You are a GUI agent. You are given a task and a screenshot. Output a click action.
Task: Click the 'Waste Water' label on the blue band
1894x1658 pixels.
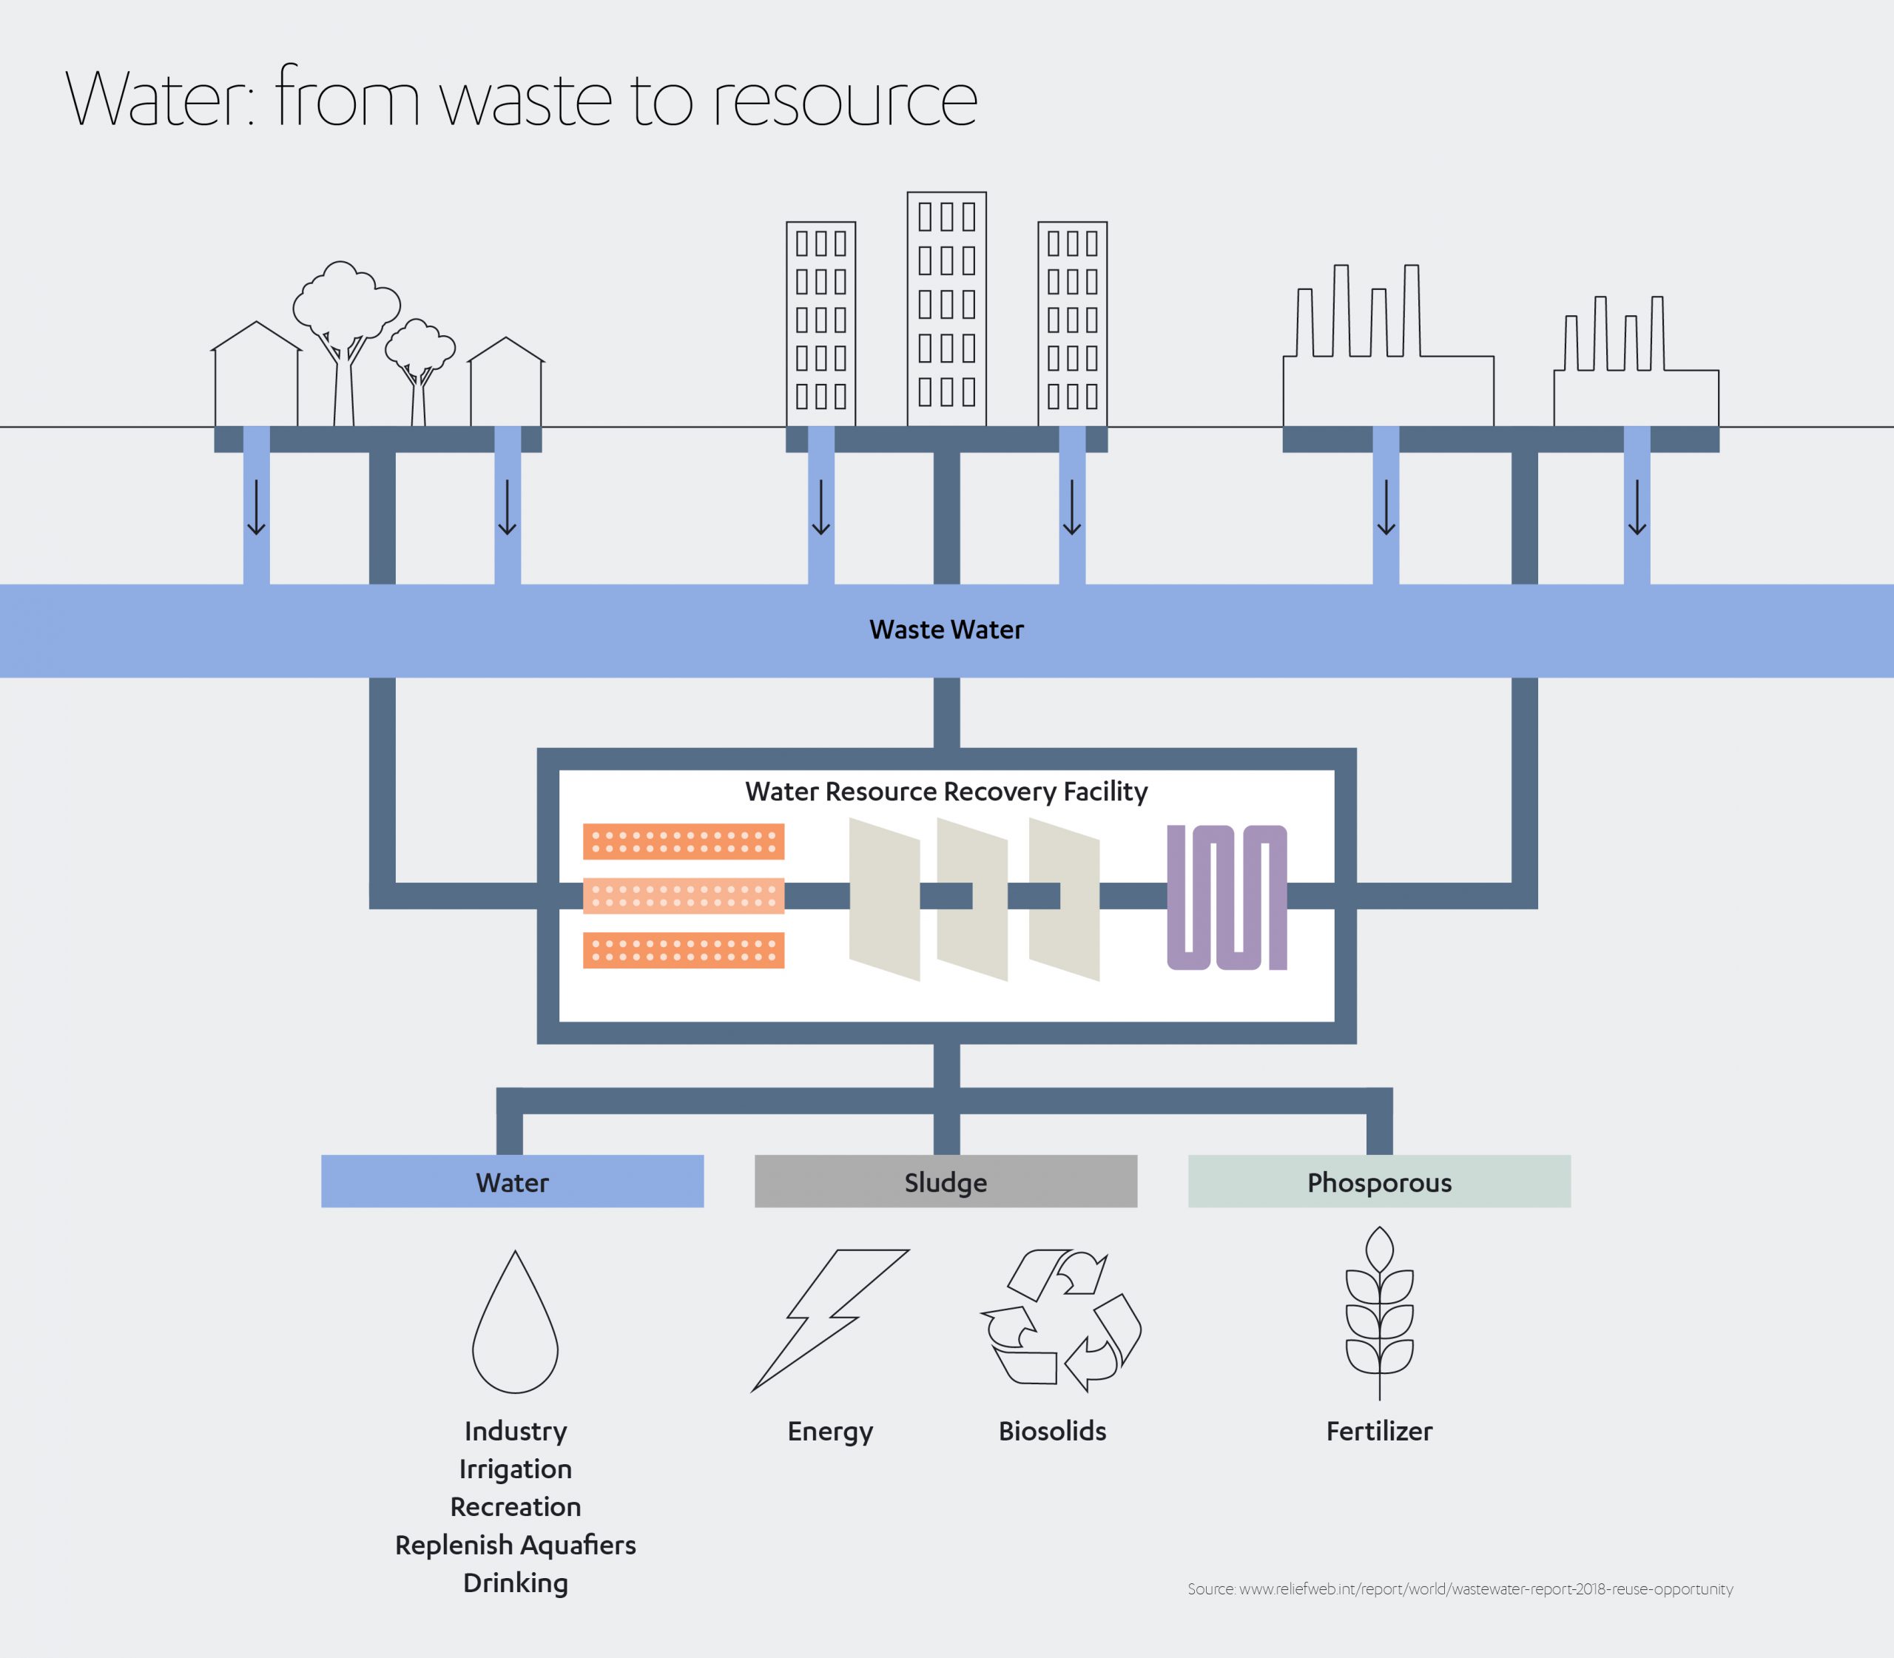946,630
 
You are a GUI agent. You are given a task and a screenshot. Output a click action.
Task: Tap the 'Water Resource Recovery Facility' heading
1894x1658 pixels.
946,792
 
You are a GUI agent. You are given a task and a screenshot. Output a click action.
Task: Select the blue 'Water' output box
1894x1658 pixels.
512,1182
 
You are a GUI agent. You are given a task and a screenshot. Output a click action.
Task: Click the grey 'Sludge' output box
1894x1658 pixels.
945,1182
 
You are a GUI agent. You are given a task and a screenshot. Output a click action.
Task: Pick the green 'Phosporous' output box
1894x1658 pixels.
1378,1182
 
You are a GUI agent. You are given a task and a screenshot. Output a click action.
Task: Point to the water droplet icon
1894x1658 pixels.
516,1325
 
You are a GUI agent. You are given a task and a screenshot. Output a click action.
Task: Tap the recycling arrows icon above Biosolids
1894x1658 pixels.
1060,1321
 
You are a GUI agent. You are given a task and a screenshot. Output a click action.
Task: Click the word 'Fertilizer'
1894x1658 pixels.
1378,1432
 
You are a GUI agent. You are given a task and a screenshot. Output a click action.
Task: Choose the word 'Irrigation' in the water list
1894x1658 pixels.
516,1469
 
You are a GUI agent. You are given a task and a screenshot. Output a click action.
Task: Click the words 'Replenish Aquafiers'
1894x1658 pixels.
516,1545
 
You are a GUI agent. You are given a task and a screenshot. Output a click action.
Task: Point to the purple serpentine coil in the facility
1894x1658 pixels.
1227,897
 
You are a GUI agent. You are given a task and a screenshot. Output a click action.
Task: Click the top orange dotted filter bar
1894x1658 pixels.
683,841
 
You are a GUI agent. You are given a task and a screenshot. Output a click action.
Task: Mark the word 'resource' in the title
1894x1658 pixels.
844,100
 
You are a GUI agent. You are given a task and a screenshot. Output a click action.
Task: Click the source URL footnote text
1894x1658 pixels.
1459,1589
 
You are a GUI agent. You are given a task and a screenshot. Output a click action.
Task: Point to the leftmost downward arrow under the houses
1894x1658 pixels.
256,508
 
